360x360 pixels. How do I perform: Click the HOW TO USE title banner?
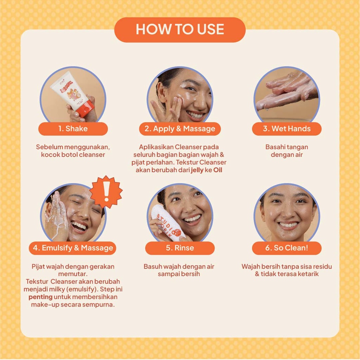(180, 30)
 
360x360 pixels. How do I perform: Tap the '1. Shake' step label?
(73, 129)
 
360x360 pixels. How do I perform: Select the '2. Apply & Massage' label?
(180, 129)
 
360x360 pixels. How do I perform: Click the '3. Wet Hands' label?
(287, 129)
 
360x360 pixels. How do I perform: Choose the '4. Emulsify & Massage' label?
(72, 248)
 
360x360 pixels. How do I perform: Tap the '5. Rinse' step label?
(180, 248)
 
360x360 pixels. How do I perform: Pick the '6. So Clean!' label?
(287, 248)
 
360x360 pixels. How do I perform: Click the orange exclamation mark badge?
(106, 192)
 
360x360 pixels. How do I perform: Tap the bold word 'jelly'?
(197, 170)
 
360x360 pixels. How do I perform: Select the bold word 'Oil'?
(218, 170)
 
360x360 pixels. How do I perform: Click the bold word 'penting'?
(41, 297)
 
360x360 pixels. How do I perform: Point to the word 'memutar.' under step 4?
(73, 274)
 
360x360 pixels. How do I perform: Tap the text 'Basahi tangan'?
(287, 147)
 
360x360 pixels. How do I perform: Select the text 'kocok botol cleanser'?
(73, 155)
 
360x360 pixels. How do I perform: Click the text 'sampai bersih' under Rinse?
(179, 274)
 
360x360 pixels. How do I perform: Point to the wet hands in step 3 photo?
(287, 91)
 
